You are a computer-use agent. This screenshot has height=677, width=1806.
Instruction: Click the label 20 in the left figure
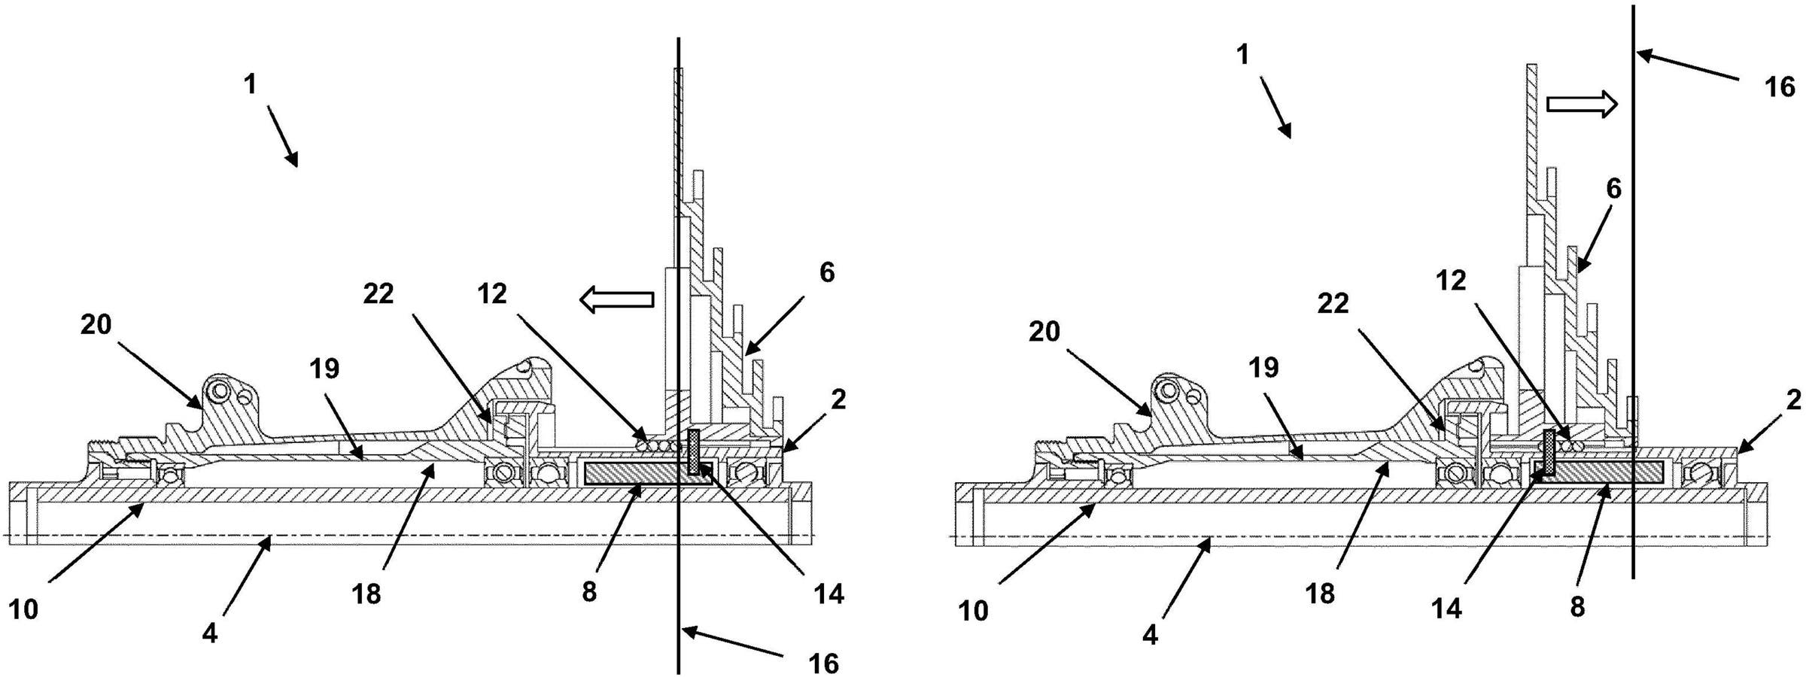point(96,325)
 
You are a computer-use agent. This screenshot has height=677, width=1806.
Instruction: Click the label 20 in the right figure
point(1044,331)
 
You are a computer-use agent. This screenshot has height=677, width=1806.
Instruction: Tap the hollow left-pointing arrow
point(616,299)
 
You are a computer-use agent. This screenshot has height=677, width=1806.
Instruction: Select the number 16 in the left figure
point(824,663)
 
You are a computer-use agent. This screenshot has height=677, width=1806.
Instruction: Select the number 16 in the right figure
point(1780,88)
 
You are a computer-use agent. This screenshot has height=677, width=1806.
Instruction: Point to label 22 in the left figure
point(379,294)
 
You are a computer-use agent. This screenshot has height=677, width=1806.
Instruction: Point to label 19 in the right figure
point(1263,368)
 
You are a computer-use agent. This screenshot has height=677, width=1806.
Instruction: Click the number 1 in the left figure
point(251,84)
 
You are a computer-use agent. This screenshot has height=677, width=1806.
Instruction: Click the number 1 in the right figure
point(1242,54)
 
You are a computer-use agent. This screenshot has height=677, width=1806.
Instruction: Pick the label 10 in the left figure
point(23,609)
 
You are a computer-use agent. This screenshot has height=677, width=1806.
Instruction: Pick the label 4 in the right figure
point(1150,635)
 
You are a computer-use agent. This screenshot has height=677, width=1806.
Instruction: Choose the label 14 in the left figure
point(829,594)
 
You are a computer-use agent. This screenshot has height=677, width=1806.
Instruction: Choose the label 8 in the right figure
point(1578,606)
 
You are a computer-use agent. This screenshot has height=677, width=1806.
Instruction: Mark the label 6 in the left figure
point(827,272)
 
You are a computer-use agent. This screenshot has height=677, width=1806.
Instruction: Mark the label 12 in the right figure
point(1452,281)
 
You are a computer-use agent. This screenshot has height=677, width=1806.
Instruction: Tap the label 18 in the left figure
point(366,594)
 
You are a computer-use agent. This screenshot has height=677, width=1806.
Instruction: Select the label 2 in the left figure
point(839,399)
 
